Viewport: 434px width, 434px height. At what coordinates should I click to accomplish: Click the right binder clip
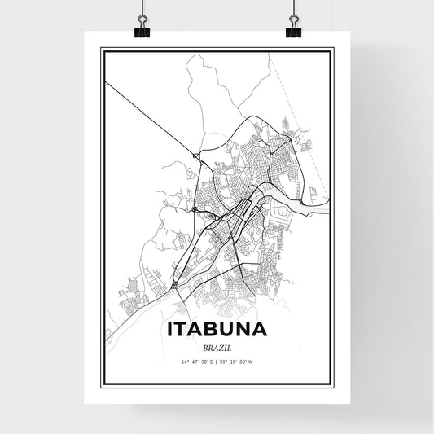click(x=292, y=28)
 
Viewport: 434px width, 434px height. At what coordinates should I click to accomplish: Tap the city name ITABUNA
click(x=217, y=330)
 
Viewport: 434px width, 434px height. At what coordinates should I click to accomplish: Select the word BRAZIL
click(x=217, y=346)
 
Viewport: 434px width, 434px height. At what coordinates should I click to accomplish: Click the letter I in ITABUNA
click(x=169, y=330)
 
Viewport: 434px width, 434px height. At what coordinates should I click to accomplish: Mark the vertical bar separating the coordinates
click(x=217, y=361)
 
